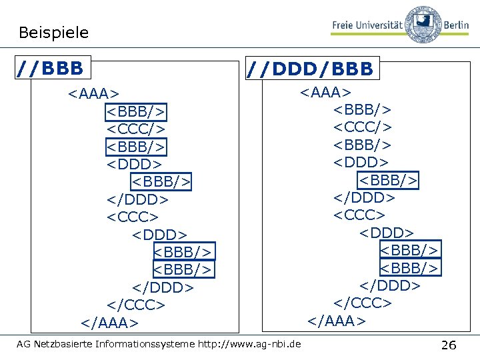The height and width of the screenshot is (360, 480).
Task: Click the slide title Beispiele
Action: pyautogui.click(x=53, y=32)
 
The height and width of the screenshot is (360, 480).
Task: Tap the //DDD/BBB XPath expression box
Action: pyautogui.click(x=311, y=68)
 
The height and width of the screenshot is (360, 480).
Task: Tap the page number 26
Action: pyautogui.click(x=449, y=345)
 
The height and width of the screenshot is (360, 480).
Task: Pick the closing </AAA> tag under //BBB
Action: pyautogui.click(x=110, y=323)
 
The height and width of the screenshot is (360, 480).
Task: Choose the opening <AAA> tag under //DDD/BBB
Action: pyautogui.click(x=325, y=91)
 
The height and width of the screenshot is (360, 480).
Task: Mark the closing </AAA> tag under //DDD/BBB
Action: pyautogui.click(x=337, y=321)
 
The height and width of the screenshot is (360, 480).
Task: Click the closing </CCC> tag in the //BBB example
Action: pyautogui.click(x=136, y=305)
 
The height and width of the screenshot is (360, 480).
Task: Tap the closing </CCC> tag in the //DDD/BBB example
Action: pyautogui.click(x=363, y=303)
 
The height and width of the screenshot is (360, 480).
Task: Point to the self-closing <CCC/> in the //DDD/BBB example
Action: pyautogui.click(x=363, y=127)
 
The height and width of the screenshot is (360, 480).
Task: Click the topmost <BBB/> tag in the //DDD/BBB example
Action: pyautogui.click(x=363, y=109)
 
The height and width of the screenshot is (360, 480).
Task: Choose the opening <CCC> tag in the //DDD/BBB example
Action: pyautogui.click(x=359, y=215)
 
